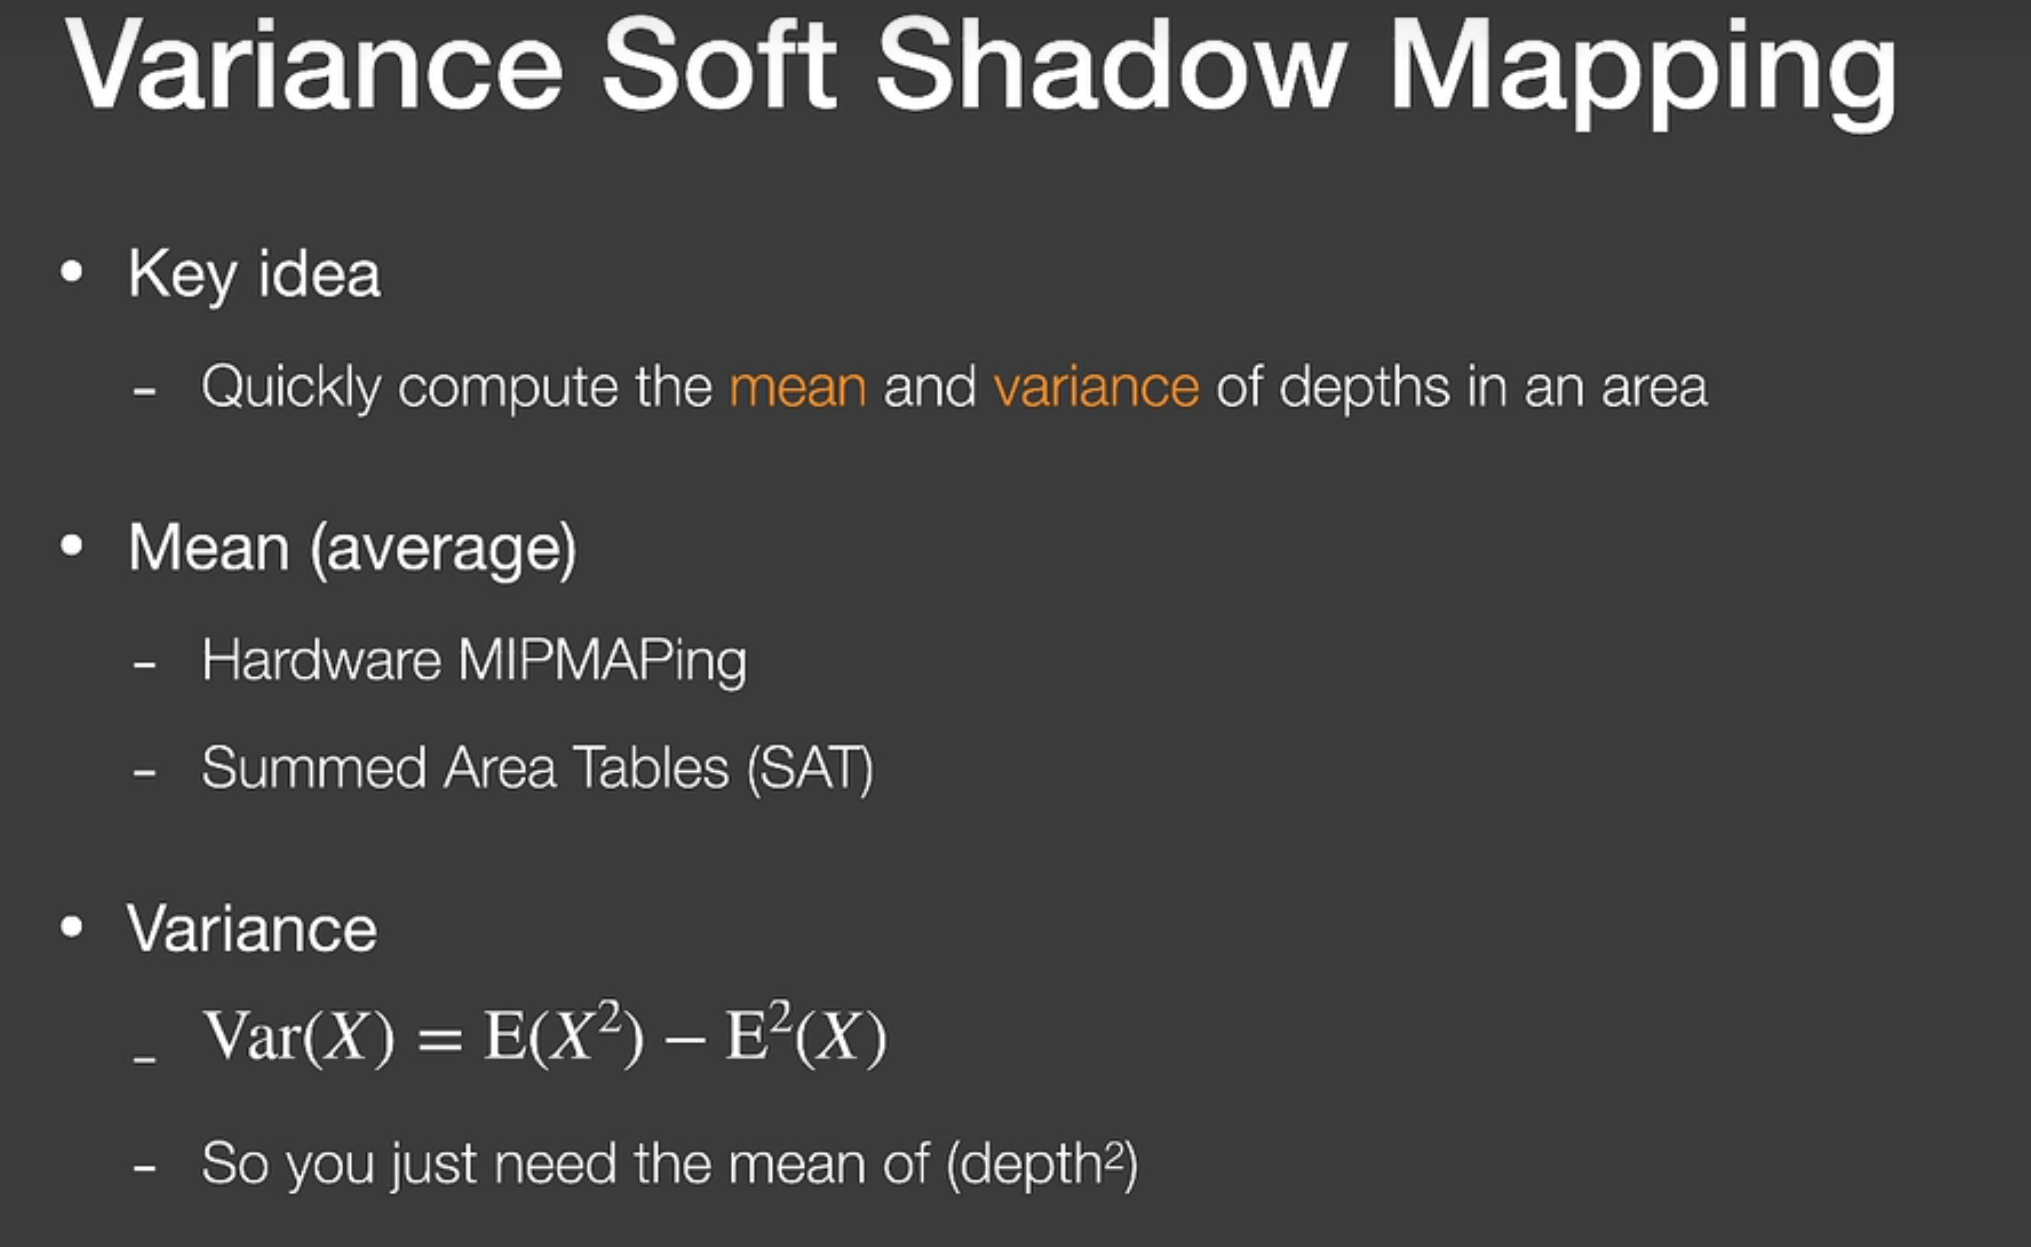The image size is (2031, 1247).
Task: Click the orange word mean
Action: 799,387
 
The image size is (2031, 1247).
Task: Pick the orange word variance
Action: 1097,386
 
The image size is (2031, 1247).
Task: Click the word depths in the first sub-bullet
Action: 1364,387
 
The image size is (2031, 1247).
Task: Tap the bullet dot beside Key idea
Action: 72,272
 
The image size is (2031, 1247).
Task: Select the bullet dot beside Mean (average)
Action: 72,546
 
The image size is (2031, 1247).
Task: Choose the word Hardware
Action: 321,660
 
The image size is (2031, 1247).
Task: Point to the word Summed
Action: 313,768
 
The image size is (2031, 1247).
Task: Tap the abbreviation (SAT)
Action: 809,770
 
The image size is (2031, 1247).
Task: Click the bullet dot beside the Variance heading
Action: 72,927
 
